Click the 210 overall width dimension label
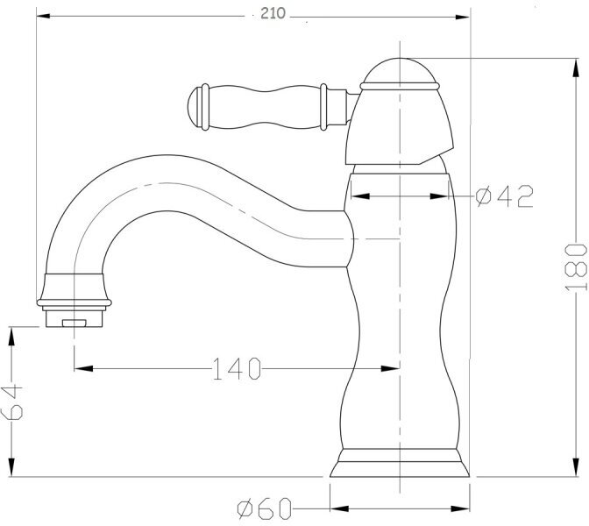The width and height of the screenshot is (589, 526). tap(273, 14)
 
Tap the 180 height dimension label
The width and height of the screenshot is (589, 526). tap(576, 267)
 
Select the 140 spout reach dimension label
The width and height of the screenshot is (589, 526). tap(237, 368)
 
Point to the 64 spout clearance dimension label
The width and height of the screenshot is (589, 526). tap(12, 402)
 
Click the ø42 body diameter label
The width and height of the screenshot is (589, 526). tap(505, 196)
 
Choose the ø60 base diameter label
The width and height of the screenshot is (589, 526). tap(265, 508)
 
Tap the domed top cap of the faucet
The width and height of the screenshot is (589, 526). tap(400, 71)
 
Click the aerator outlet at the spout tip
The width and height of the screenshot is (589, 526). tap(74, 318)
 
